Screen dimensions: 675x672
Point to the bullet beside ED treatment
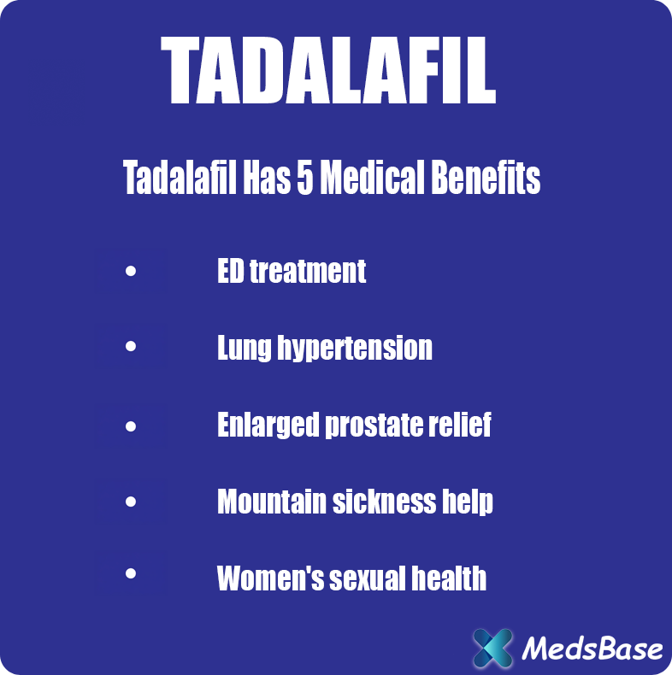pos(130,273)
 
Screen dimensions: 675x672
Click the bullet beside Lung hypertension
pos(130,348)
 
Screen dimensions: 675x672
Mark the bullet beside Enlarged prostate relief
pos(130,426)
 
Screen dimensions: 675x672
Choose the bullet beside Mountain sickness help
pos(130,502)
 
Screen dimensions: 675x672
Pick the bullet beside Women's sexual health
pos(130,574)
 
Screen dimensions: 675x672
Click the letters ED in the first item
pos(230,272)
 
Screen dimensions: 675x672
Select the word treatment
pos(308,272)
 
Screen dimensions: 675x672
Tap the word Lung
pos(243,349)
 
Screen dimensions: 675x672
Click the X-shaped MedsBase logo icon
pos(493,648)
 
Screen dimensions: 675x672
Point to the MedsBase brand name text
pos(592,649)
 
